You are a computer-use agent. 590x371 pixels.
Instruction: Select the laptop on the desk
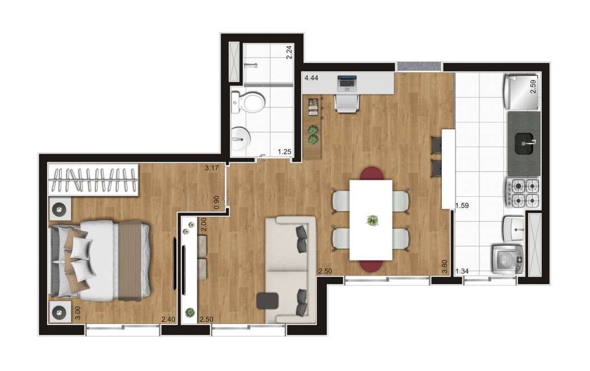tap(347, 83)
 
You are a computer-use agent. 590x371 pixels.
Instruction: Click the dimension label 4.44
tap(311, 78)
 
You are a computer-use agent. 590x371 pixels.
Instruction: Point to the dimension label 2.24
tap(289, 52)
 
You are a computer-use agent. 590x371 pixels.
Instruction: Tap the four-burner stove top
tap(524, 192)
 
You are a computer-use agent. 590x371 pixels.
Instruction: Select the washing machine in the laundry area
tap(508, 259)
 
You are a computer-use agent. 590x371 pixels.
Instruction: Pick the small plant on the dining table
tap(372, 220)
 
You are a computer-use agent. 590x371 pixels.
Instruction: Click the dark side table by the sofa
tap(268, 301)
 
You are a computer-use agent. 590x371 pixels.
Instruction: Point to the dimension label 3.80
tap(444, 267)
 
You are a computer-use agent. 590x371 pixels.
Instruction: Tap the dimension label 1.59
tap(462, 205)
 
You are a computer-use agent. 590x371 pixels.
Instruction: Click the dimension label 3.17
tap(212, 168)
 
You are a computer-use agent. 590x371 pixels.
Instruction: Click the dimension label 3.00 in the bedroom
tap(78, 313)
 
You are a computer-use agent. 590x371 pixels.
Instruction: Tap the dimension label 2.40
tap(168, 319)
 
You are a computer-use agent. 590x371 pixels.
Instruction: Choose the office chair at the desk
tap(347, 103)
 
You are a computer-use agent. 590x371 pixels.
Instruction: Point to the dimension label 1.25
tap(284, 152)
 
